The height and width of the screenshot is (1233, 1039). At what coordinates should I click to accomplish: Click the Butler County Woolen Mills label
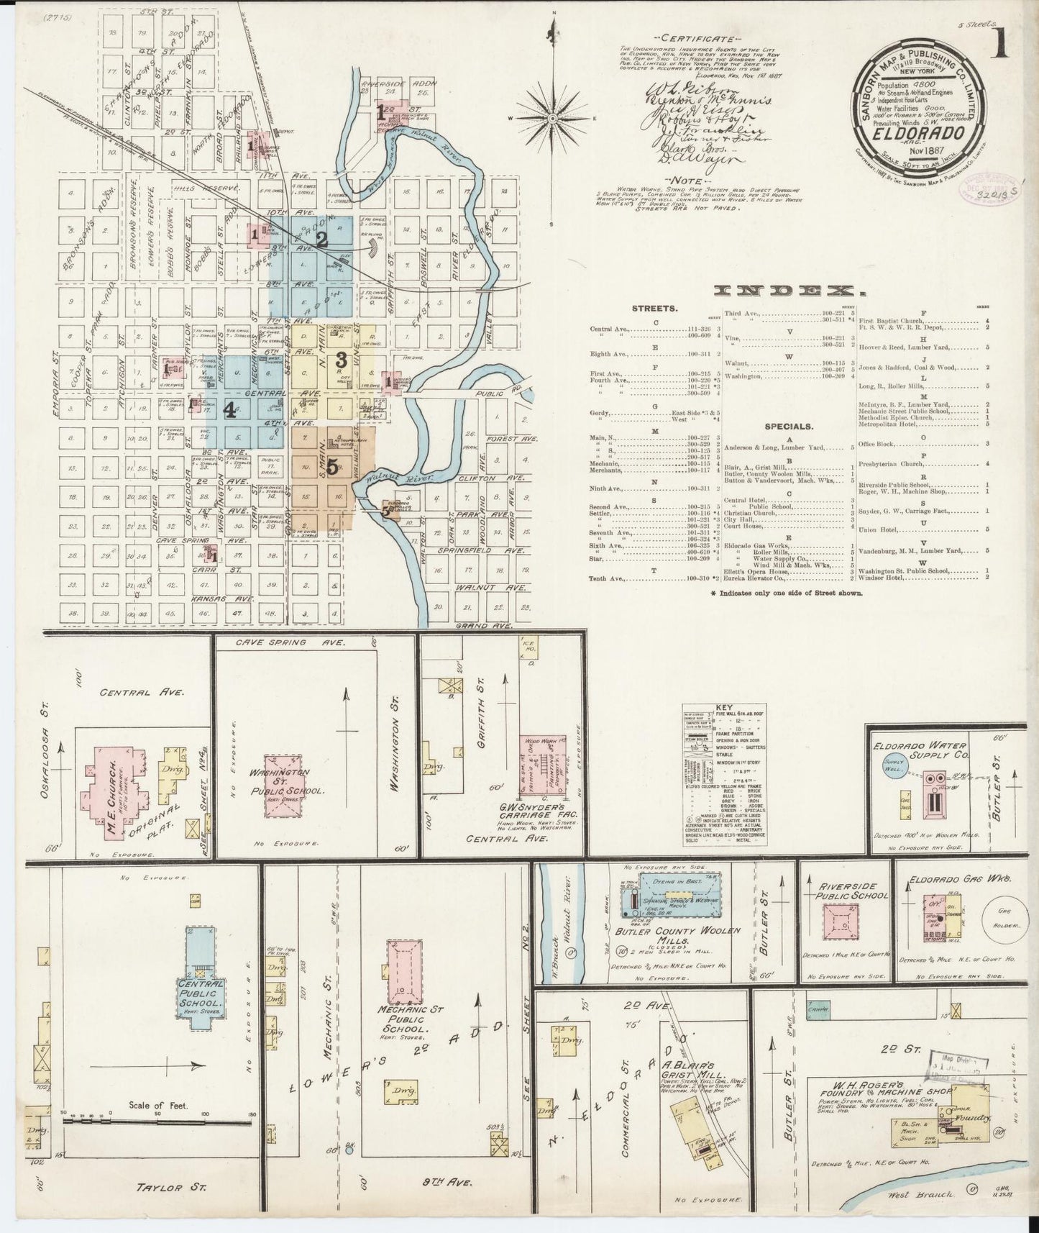click(677, 935)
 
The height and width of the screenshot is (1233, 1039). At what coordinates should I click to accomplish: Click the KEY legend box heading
click(723, 707)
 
